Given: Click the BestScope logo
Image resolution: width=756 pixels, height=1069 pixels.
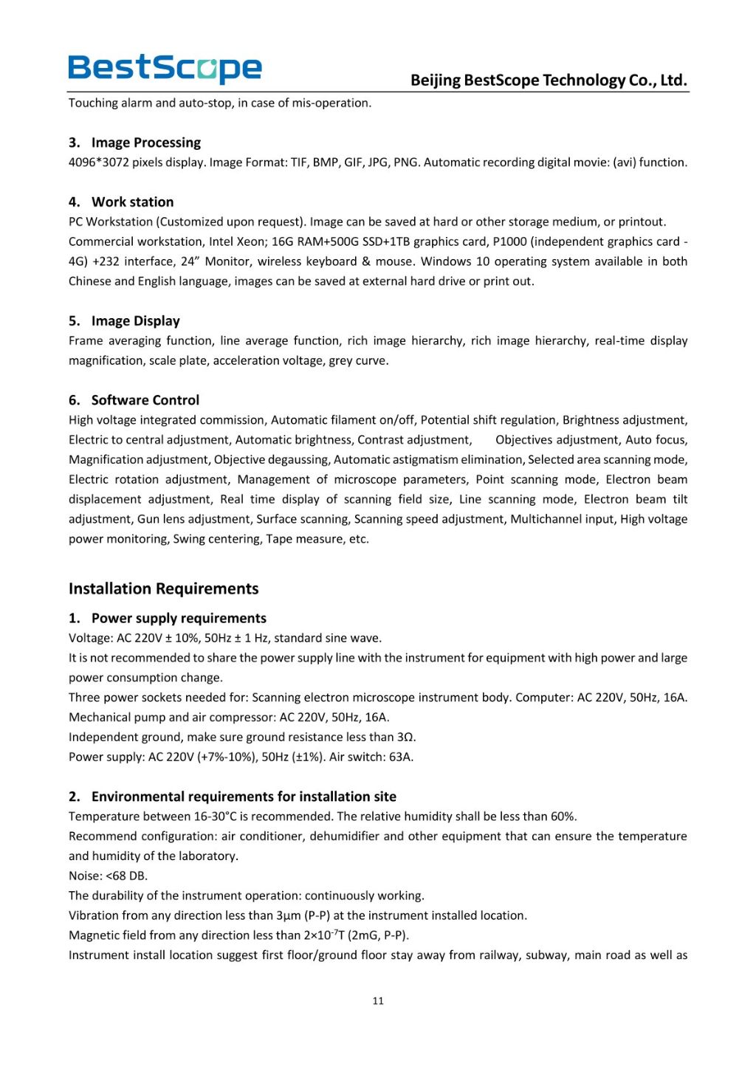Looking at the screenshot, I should pos(165,69).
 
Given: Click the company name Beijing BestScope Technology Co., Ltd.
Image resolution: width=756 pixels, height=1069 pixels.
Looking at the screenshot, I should pos(549,80).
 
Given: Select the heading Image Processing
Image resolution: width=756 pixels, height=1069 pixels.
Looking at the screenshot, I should pos(145,142).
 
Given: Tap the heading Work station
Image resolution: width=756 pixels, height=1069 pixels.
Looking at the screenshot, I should pos(132,202).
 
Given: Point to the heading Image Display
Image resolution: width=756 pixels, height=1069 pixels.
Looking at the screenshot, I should pos(135,320).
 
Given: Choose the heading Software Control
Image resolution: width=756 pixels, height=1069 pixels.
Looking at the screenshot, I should pos(145,400).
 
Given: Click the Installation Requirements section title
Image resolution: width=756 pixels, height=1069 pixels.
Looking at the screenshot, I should pos(163,588).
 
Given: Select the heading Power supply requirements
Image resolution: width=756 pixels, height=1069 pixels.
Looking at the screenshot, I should pos(179,618).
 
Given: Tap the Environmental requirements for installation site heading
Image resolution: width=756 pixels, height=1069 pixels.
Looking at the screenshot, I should pos(244,797).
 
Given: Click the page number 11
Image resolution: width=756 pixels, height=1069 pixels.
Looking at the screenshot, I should pos(378,1001).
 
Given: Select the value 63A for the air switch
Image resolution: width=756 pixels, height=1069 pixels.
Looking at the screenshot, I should pos(401,757).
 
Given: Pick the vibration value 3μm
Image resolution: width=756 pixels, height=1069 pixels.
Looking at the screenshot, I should pos(288,915).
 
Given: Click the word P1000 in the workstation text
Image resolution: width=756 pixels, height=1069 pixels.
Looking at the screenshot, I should pos(509,241).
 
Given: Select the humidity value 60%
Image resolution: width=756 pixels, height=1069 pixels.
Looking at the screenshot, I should pos(563,817).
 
